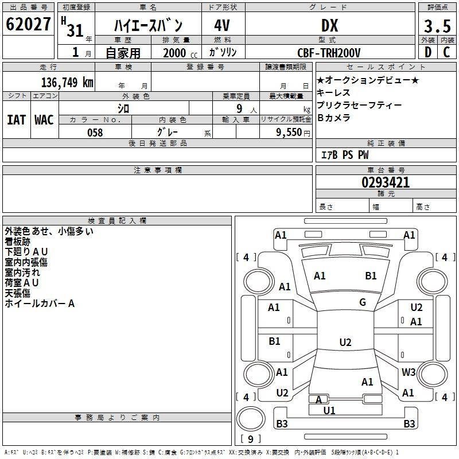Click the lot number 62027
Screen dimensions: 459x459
(x=28, y=24)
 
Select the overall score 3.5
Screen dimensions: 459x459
(x=437, y=26)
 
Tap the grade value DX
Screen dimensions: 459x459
(x=330, y=26)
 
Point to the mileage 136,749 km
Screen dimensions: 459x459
(x=67, y=83)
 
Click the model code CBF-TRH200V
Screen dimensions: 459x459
(x=329, y=53)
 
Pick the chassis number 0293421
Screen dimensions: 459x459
(x=386, y=182)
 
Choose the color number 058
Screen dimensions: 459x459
(x=95, y=133)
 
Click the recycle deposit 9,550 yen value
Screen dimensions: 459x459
(x=293, y=133)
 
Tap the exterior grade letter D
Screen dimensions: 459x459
(x=428, y=52)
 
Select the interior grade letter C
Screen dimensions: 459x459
(x=446, y=52)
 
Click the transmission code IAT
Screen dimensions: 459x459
(x=16, y=120)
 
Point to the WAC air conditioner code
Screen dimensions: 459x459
(x=44, y=120)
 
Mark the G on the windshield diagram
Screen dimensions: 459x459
(x=363, y=302)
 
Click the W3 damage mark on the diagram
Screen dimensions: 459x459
(x=409, y=372)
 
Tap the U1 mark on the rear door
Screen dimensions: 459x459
(x=329, y=410)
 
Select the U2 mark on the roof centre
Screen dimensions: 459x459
(x=345, y=342)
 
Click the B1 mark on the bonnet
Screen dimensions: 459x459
(x=371, y=276)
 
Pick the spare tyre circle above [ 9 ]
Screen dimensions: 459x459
(x=251, y=419)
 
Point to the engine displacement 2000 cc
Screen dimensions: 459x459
(x=180, y=53)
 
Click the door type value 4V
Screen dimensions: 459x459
(x=222, y=26)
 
